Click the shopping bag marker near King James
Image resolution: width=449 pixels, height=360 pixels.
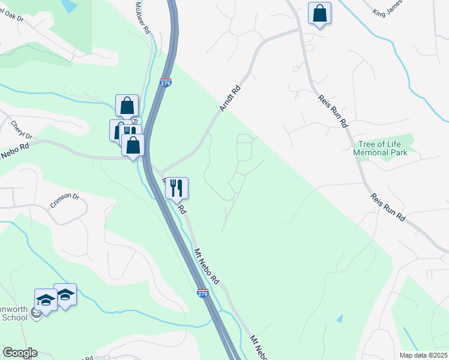pos(319,13)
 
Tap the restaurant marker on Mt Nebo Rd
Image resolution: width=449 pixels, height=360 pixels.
pos(176,188)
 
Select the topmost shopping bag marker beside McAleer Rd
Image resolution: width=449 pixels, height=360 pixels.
pos(127,106)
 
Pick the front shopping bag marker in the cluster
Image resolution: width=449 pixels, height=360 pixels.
pos(133,145)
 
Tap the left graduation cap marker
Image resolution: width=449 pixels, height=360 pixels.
pos(46,299)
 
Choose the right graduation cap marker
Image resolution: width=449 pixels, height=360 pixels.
pos(65,295)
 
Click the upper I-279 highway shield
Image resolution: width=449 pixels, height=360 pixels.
pos(166,82)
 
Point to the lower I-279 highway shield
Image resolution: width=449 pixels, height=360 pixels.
pos(203,293)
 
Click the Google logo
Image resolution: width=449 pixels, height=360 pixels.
pos(20,353)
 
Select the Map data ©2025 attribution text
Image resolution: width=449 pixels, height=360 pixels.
pos(424,355)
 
